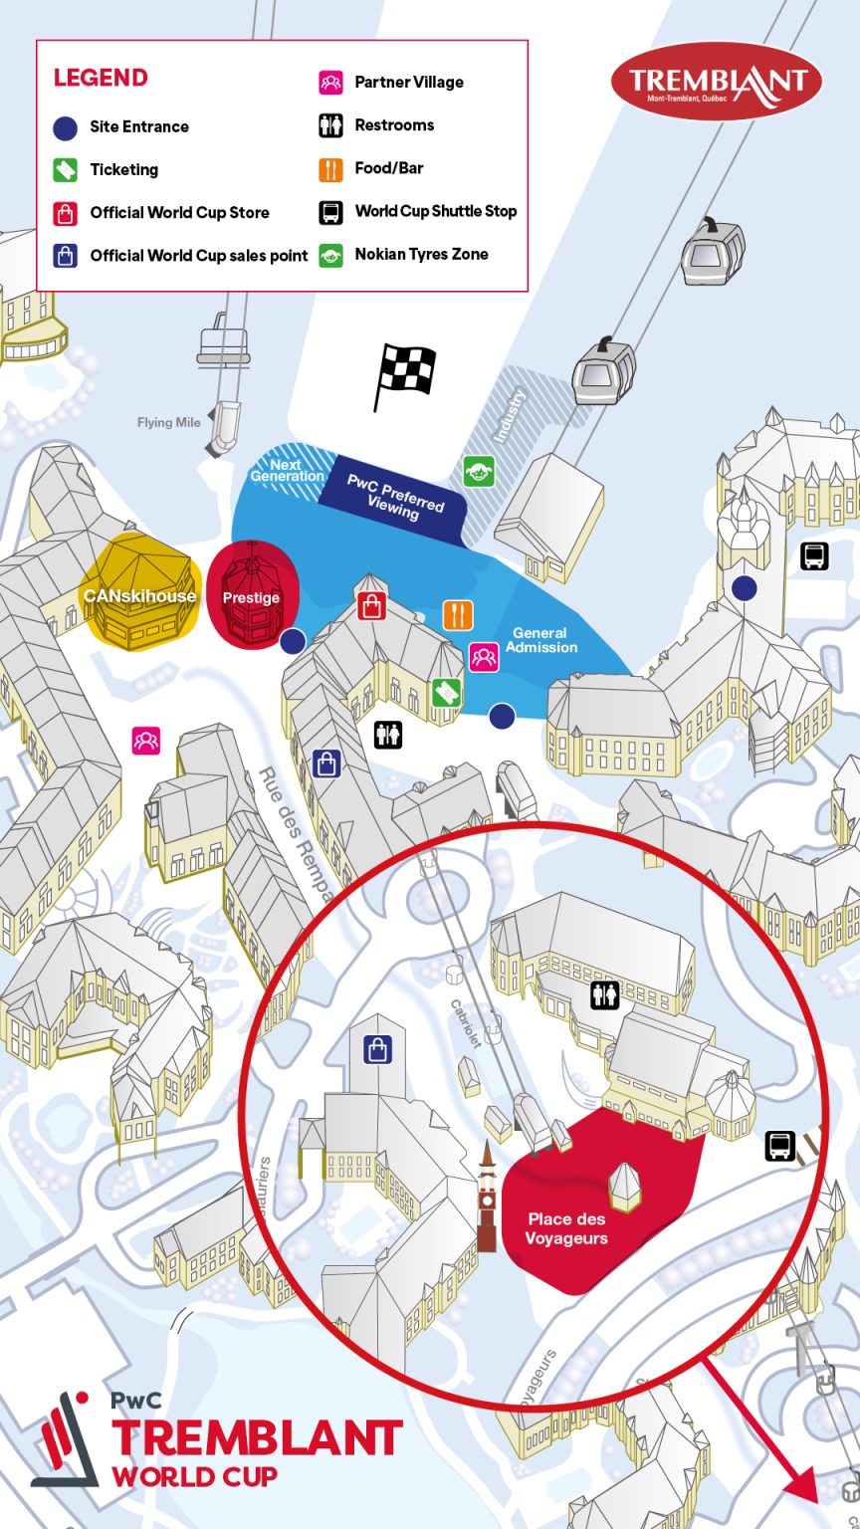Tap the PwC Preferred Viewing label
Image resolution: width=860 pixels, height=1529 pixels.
[394, 495]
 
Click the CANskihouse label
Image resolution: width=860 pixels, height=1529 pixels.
[140, 596]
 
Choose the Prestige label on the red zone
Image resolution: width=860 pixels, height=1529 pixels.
[251, 597]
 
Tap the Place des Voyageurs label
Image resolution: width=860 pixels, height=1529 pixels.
[566, 1228]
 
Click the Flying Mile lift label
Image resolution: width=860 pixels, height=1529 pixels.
[169, 422]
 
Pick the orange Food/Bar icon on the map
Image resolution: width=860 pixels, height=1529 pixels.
[458, 614]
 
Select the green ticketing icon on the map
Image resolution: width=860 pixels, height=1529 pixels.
[447, 692]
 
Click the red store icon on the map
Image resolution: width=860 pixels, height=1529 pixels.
[371, 605]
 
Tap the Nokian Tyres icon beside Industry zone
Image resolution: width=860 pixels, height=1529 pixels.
[479, 471]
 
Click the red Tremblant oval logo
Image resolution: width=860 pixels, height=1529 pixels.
[717, 81]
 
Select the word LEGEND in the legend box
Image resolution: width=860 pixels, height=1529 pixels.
[101, 78]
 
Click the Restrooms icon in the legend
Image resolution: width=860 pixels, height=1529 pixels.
[330, 125]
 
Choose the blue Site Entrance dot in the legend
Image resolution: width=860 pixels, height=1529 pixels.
[66, 127]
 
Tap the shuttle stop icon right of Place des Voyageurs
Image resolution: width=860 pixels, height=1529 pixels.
[779, 1146]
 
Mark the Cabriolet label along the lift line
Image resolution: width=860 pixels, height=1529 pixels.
[466, 1023]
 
